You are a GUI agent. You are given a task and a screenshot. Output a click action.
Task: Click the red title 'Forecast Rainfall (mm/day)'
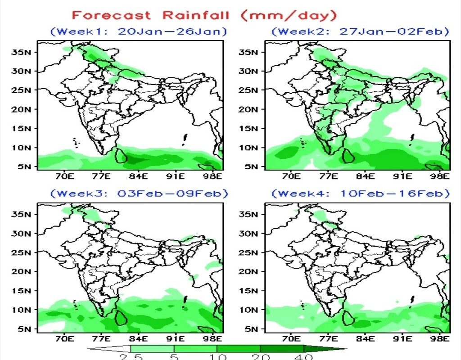[x=204, y=16]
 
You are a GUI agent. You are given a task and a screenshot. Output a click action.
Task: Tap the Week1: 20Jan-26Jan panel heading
[x=139, y=31]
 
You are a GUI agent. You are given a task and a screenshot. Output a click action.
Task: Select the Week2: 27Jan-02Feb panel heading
[x=360, y=31]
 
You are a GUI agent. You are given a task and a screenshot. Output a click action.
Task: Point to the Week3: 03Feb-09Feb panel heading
[x=139, y=193]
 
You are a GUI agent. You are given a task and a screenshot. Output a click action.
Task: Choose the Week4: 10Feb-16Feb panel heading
[x=360, y=193]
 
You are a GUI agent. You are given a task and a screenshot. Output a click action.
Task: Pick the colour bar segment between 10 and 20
[x=239, y=348]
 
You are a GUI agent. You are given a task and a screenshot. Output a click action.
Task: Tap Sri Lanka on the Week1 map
[x=121, y=155]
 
